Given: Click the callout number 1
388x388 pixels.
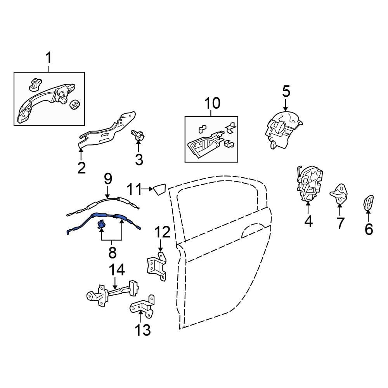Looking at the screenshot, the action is click(49, 58).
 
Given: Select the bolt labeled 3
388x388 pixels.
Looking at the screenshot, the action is click(138, 135).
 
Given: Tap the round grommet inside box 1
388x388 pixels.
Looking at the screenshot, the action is click(74, 105).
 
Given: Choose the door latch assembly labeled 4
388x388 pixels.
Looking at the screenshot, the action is click(309, 184).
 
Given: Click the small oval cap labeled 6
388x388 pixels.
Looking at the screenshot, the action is click(369, 203).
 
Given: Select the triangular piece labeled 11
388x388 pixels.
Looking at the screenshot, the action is click(159, 189).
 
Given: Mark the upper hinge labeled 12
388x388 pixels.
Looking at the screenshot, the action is click(157, 266).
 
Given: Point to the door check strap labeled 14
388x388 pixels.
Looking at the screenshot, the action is click(113, 293).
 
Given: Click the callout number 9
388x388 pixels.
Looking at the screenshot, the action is click(108, 179).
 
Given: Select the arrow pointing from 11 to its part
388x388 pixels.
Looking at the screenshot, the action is click(147, 189).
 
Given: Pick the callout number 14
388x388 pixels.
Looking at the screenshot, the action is click(117, 270).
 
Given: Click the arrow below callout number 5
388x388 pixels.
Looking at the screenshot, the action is click(286, 105).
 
